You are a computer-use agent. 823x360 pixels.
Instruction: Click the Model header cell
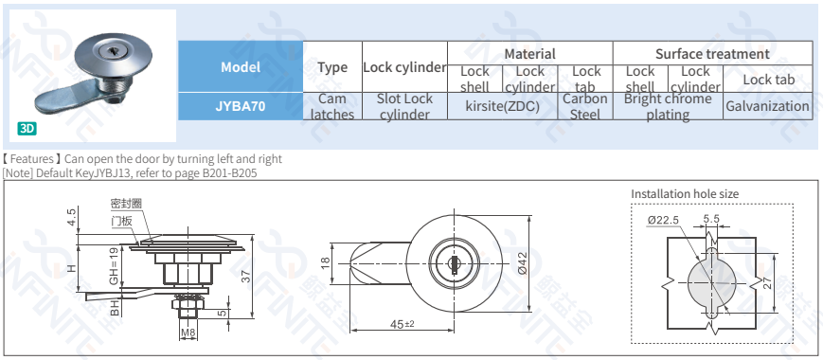[241, 67]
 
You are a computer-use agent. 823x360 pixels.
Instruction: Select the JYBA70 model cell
[241, 106]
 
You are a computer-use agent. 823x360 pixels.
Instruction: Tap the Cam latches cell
[332, 106]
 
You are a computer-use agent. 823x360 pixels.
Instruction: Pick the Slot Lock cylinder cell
[404, 106]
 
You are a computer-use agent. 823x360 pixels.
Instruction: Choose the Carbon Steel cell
[585, 106]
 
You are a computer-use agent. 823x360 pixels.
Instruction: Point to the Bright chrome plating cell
[668, 106]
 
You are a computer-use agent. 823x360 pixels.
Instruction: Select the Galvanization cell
[767, 106]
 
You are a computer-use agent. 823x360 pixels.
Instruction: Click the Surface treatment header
[712, 54]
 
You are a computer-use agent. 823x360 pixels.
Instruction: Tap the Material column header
[529, 54]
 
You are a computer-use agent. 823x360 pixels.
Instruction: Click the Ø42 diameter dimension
[522, 261]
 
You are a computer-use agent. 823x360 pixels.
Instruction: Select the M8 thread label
[187, 333]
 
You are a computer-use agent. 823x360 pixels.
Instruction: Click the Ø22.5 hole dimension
[664, 220]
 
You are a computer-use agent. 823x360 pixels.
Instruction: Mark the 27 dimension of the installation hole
[767, 281]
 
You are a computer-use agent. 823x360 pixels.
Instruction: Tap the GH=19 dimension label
[113, 267]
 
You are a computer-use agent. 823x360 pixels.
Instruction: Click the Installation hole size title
[685, 194]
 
